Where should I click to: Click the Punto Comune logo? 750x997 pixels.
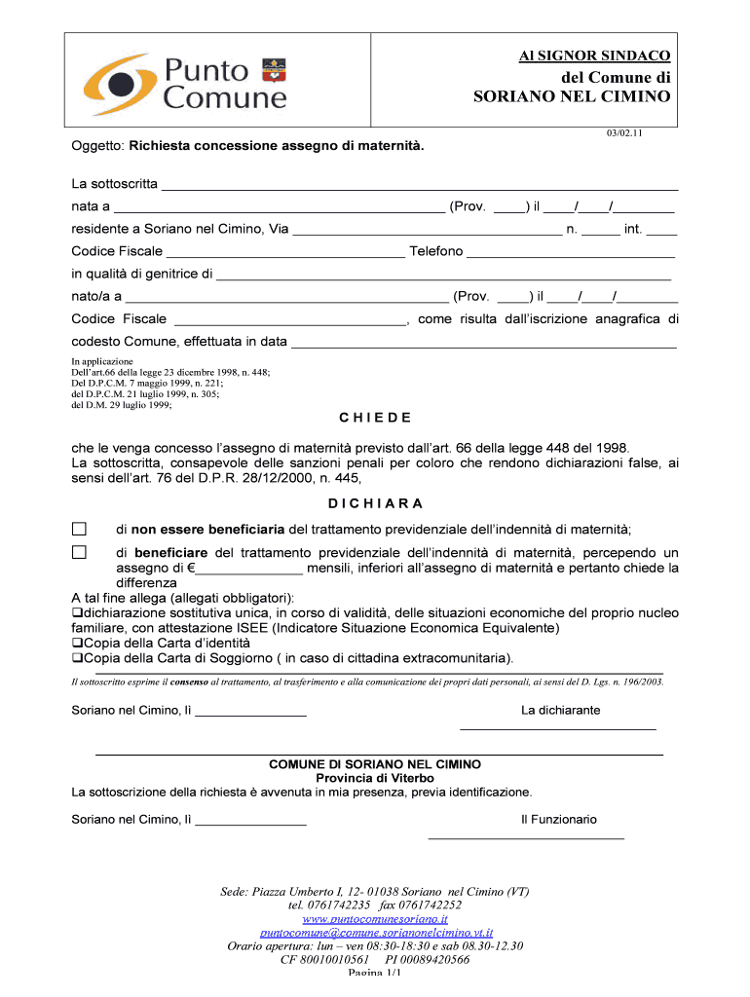click(x=184, y=83)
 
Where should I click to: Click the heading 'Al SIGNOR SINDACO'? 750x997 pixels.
click(x=593, y=56)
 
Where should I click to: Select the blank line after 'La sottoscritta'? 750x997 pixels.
click(x=419, y=186)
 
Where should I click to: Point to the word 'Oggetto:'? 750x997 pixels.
click(x=98, y=146)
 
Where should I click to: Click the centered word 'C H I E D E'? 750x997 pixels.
click(x=375, y=418)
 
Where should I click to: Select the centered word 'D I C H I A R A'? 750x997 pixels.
click(x=375, y=503)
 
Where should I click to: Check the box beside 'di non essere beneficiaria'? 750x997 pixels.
click(x=80, y=529)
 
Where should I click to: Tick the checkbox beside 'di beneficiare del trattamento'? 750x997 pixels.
click(x=80, y=552)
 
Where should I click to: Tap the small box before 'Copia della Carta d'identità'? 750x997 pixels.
click(x=77, y=644)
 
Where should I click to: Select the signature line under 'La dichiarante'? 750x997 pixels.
click(x=557, y=728)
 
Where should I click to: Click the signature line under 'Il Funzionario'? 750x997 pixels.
click(x=526, y=837)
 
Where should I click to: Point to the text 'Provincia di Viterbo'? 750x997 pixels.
click(x=375, y=778)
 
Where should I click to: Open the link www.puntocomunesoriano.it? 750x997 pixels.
click(x=375, y=918)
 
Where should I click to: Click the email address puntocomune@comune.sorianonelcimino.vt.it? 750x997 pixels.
click(x=375, y=932)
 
